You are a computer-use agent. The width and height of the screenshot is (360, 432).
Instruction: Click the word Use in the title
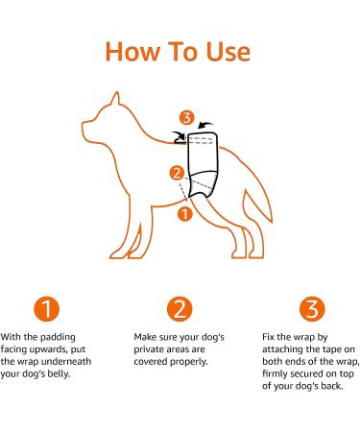228,52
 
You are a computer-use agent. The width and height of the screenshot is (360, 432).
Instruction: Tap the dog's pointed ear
115,99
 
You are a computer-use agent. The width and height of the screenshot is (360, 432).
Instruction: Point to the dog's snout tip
84,125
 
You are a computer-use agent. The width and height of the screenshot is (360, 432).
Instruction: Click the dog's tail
257,205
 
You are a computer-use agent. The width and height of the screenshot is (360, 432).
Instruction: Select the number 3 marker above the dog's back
186,118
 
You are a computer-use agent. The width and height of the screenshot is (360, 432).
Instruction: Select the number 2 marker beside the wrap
177,173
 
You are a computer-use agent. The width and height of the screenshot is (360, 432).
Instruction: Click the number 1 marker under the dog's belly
184,214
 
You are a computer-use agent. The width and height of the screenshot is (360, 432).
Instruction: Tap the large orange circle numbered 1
47,309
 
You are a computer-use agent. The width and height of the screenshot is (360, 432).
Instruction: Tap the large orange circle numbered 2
180,309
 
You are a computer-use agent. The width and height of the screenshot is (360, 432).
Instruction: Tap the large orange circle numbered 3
312,309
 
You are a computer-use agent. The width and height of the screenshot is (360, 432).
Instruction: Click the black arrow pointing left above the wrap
205,125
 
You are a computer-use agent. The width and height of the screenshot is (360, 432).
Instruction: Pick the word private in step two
151,349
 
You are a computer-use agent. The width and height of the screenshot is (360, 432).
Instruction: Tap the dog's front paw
118,254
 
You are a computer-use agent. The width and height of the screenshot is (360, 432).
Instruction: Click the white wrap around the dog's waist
203,165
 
